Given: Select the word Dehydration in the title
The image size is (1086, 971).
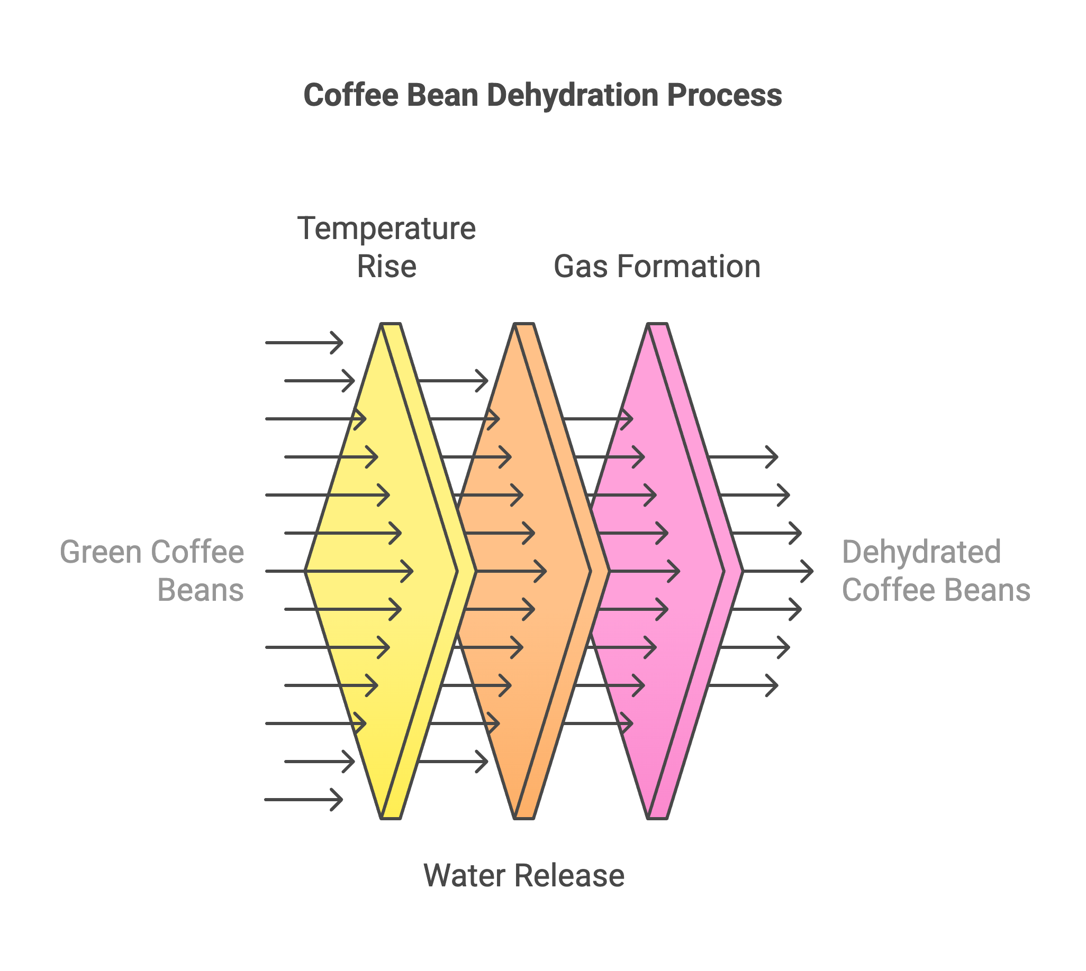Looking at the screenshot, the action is pos(572,96).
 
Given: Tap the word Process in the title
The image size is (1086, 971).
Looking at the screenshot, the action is pos(725,96).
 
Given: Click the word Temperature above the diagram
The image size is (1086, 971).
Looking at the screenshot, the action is pos(386,229).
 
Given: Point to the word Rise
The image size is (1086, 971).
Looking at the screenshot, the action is pos(386,267).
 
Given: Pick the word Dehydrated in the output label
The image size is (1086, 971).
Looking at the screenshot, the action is pos(921,552).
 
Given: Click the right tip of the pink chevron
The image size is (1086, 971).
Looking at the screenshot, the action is pos(743,571).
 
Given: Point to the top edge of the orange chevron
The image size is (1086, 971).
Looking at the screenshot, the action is pos(524,323).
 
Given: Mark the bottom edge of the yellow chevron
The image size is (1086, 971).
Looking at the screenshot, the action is pos(391,818).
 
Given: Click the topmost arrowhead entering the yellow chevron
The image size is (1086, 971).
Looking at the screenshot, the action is pos(337,343).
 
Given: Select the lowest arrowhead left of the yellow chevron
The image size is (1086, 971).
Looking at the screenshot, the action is pos(337,799).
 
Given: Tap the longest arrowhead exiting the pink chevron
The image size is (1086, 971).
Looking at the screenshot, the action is pos(807,571).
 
